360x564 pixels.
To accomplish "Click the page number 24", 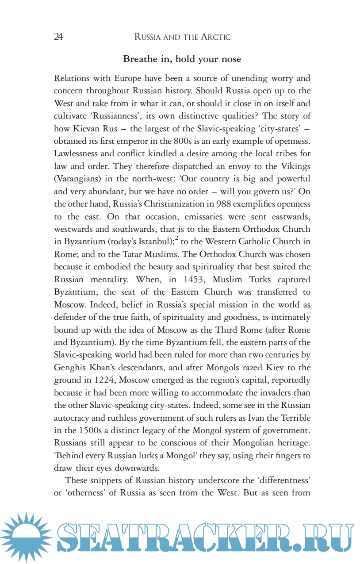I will [x=58, y=37].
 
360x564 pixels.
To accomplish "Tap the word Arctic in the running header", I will [x=215, y=37].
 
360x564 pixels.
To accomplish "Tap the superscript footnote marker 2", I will [x=176, y=238].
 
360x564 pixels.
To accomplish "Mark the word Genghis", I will [x=70, y=368].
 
